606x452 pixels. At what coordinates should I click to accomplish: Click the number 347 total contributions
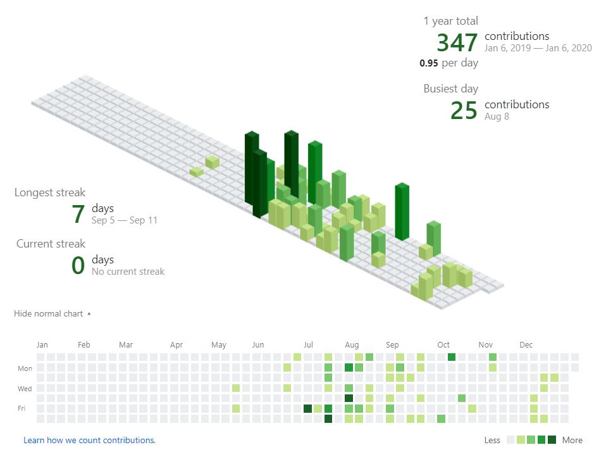coord(457,42)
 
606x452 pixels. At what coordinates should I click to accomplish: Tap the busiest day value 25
coord(464,110)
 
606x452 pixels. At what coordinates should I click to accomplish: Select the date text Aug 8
coord(497,116)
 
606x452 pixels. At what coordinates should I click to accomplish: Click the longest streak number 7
coord(78,214)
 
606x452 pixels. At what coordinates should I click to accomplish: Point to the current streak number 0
coord(78,265)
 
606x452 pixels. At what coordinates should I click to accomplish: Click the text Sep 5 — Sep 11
coord(125,220)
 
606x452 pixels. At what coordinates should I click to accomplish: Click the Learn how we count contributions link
coord(89,440)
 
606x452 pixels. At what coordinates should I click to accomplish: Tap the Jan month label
coord(42,345)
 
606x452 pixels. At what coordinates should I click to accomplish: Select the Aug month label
coord(352,345)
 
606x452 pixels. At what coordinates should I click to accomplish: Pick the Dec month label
coord(526,345)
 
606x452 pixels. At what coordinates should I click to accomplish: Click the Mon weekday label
coord(25,368)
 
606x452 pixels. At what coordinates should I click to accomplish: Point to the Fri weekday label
coord(22,409)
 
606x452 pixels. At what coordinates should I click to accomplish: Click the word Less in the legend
coord(492,440)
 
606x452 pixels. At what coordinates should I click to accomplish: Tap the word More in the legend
coord(572,440)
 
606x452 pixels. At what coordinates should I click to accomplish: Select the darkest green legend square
coord(552,440)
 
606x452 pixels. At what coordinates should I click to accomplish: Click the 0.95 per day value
coord(448,63)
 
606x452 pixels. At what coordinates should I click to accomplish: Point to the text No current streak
coord(128,272)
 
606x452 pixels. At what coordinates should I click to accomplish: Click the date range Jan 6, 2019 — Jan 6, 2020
coord(538,48)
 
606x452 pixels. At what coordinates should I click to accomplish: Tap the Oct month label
coord(443,345)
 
